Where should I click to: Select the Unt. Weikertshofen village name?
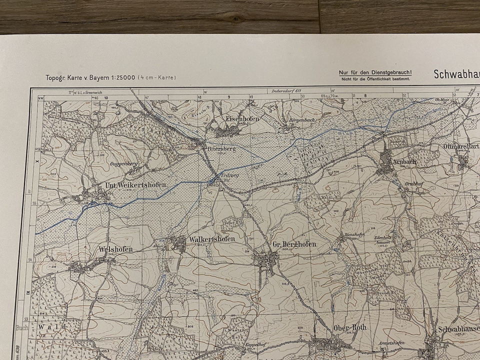click(135, 185)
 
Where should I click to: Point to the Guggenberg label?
click(121, 163)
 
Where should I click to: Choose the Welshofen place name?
click(115, 249)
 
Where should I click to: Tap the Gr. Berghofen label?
click(294, 244)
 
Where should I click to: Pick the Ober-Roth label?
click(349, 328)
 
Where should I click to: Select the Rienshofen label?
click(352, 234)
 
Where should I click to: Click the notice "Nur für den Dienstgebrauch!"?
click(375, 72)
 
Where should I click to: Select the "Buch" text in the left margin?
click(21, 327)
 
